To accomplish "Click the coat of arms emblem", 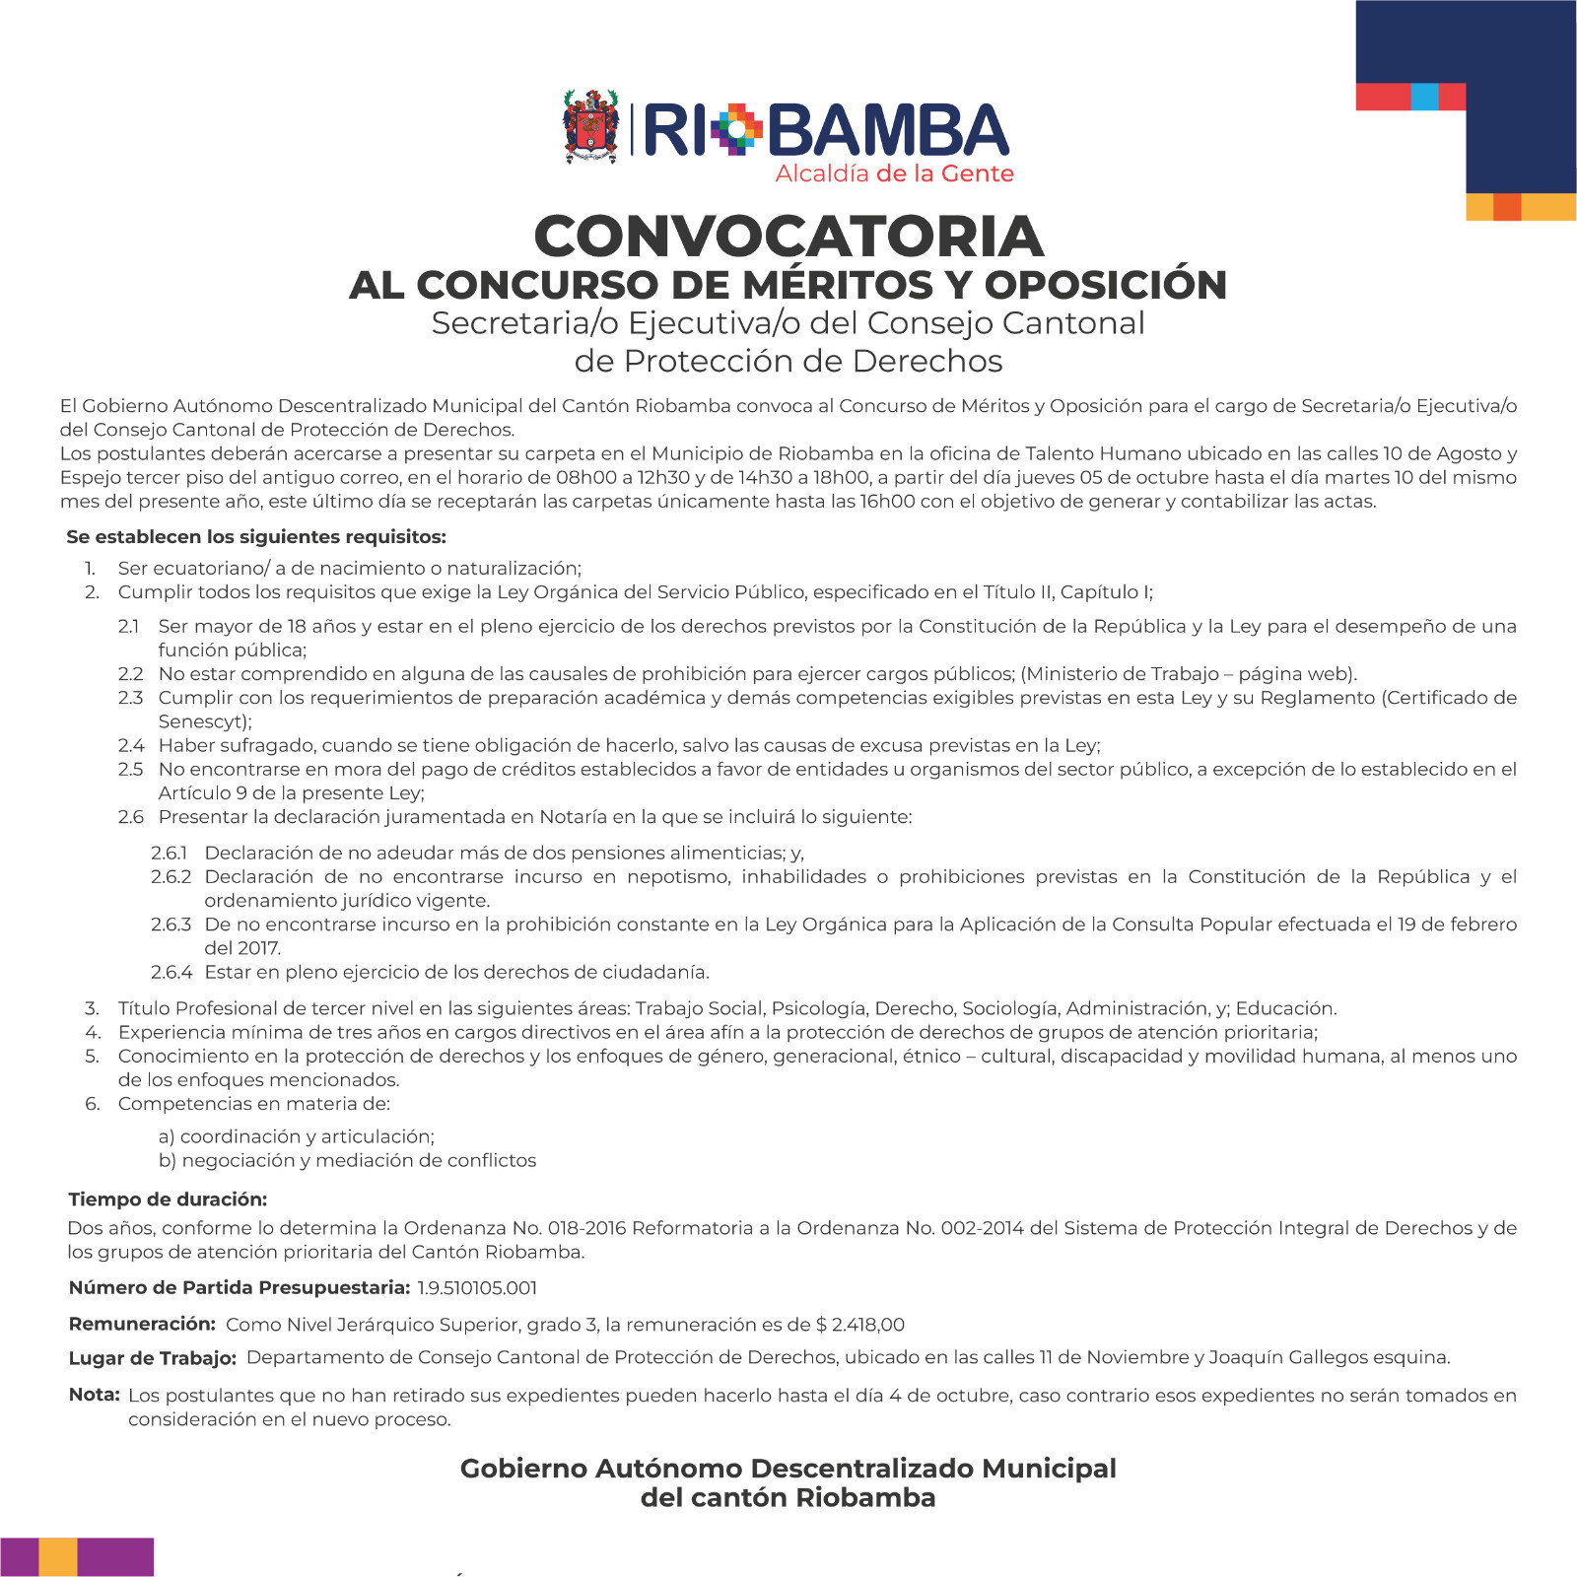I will [590, 126].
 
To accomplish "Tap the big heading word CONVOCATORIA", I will [788, 237].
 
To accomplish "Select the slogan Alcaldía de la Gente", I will [894, 174].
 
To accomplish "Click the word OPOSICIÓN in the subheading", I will [1105, 285].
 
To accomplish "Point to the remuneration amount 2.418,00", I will [868, 1325].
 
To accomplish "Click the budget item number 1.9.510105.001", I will [477, 1288].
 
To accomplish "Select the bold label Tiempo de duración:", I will [168, 1200].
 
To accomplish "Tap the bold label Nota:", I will [94, 1395].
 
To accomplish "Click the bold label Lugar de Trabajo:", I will [152, 1358].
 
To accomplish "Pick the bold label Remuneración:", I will [142, 1324].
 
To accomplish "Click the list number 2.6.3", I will [171, 925].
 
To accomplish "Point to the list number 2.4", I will [131, 745].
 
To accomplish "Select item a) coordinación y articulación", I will [296, 1136].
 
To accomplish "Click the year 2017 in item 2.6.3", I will [258, 948].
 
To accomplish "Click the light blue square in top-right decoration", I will [1424, 97].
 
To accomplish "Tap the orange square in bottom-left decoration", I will [58, 1557].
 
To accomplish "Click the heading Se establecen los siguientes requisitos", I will [256, 537].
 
